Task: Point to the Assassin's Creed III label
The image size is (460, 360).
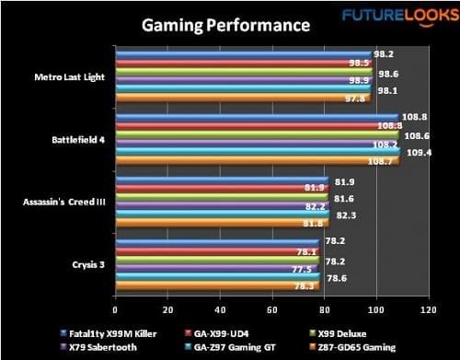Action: [65, 199]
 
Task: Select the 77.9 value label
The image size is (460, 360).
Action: [301, 268]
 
